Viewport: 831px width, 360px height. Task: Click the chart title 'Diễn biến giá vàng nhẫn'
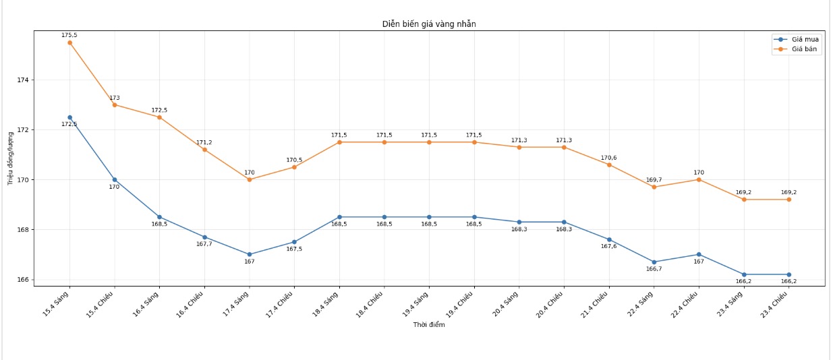429,24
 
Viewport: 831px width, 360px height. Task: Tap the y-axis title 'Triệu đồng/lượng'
11,159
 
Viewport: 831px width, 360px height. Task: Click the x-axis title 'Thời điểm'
429,325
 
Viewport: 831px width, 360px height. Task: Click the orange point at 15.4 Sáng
69,42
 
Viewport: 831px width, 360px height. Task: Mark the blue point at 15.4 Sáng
69,117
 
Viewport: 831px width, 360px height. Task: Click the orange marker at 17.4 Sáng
250,179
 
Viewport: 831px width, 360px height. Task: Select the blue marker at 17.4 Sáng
250,254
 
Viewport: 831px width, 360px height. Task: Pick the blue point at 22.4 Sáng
654,262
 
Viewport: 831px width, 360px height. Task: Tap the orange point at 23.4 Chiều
789,200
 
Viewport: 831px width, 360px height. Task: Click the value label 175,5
69,35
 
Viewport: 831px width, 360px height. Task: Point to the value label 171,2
204,142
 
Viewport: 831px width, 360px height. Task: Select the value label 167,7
204,244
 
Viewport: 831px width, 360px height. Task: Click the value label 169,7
654,180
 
